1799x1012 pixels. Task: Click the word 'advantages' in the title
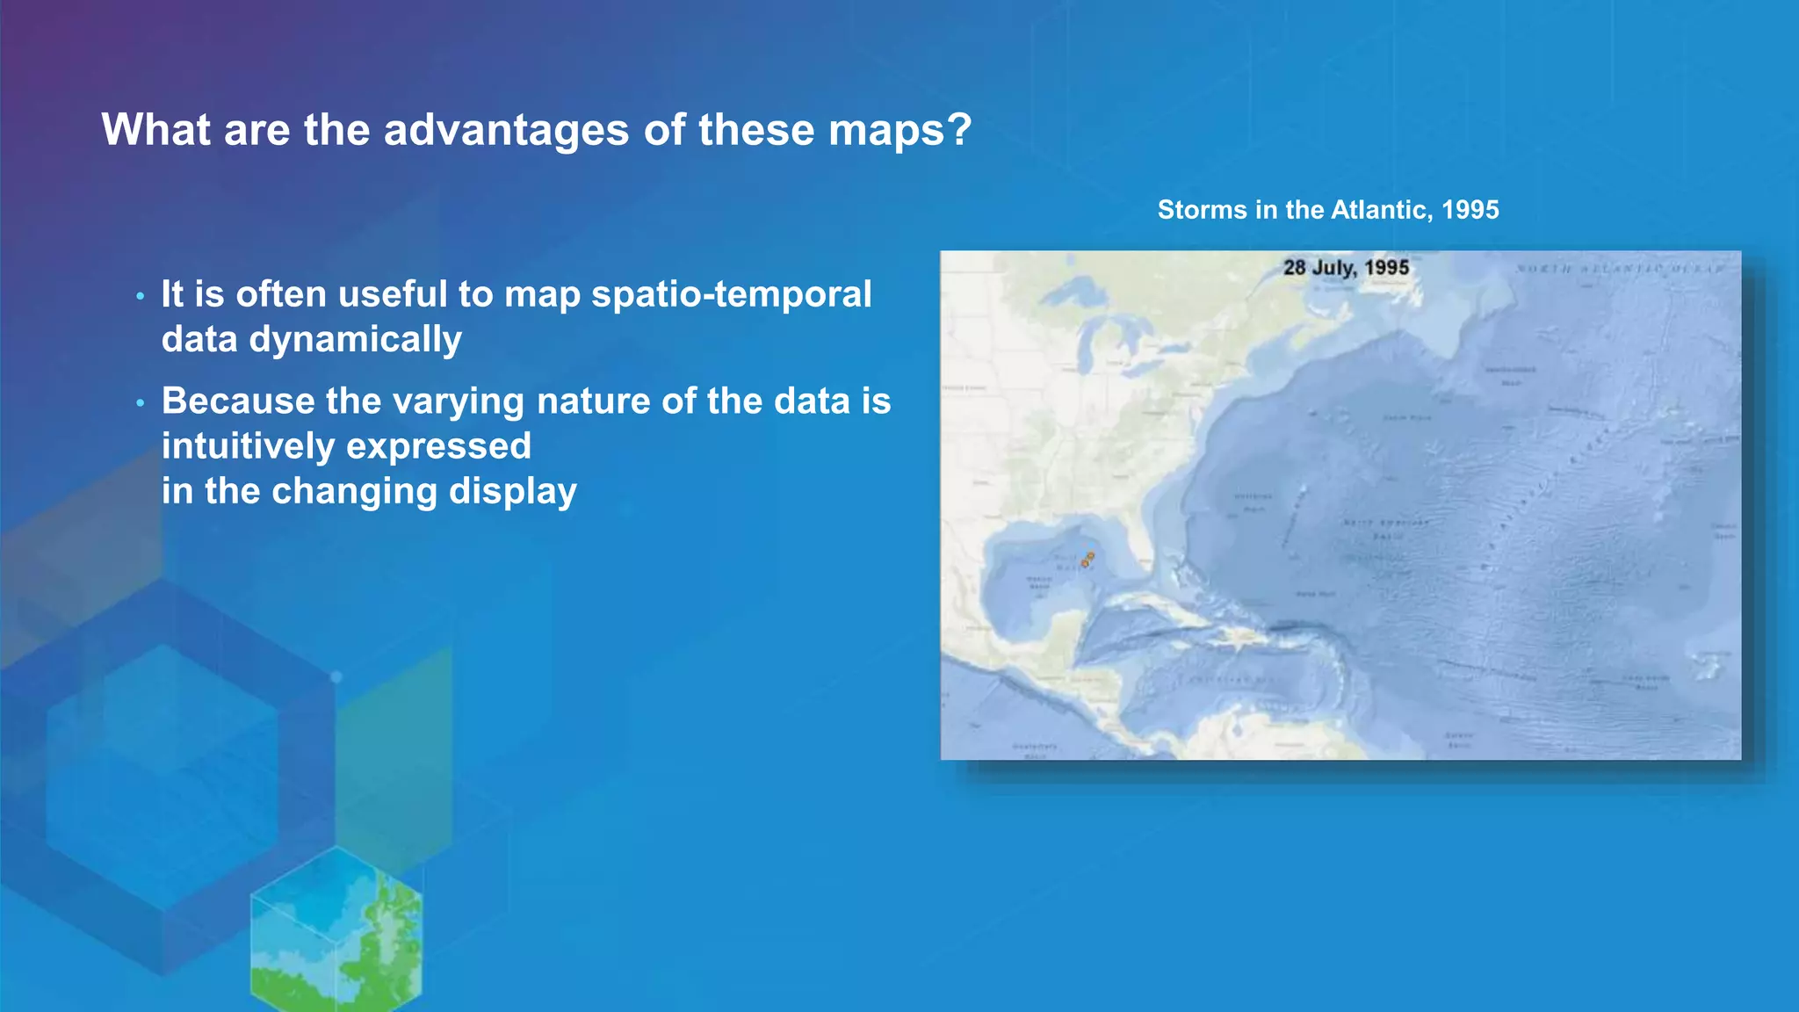pyautogui.click(x=507, y=130)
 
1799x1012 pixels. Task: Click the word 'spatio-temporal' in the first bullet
pyautogui.click(x=731, y=294)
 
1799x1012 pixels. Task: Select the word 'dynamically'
pyautogui.click(x=355, y=340)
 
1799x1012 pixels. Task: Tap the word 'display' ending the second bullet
pyautogui.click(x=512, y=491)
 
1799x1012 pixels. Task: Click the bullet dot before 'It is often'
pyautogui.click(x=140, y=297)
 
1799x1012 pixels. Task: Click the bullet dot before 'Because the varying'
pyautogui.click(x=140, y=404)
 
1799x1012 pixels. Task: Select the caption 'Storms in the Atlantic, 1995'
pyautogui.click(x=1327, y=210)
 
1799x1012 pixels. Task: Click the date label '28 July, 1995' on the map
pyautogui.click(x=1346, y=267)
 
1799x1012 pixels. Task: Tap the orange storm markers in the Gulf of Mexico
pyautogui.click(x=1087, y=560)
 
